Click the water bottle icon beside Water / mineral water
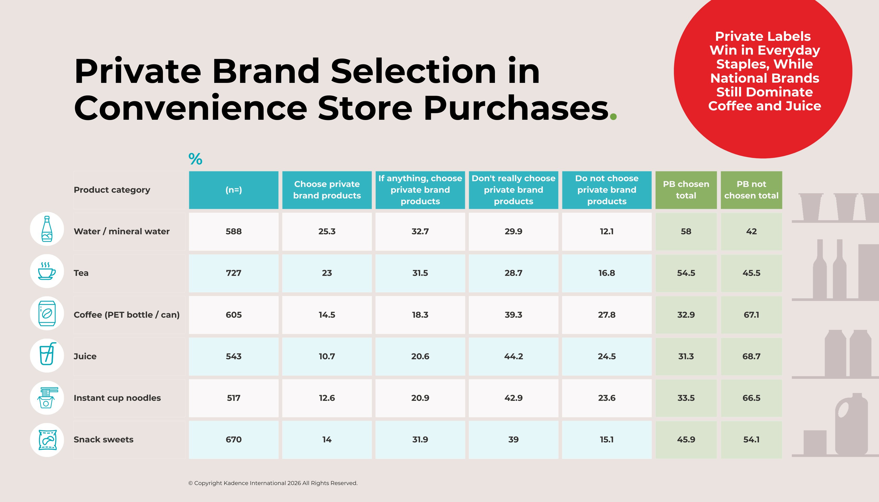[47, 229]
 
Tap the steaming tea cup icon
[47, 271]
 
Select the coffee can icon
[47, 313]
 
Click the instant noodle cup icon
[47, 398]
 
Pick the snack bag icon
[47, 440]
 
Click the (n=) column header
[233, 190]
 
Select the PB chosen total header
[686, 190]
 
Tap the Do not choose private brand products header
[607, 190]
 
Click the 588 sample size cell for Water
[233, 231]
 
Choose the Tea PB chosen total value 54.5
[686, 273]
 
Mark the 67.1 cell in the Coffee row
[751, 315]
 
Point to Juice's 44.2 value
[513, 357]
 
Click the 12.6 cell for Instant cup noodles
[327, 398]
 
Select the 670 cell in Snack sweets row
[233, 439]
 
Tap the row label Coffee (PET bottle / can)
[127, 315]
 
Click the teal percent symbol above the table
[195, 159]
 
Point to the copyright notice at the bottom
[273, 483]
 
